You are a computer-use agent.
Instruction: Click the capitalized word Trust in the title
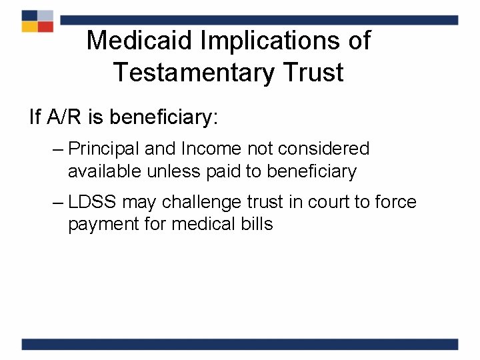point(313,72)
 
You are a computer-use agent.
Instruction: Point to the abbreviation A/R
point(67,117)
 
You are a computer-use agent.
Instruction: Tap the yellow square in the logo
point(29,27)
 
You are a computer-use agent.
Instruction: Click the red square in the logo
point(45,27)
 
